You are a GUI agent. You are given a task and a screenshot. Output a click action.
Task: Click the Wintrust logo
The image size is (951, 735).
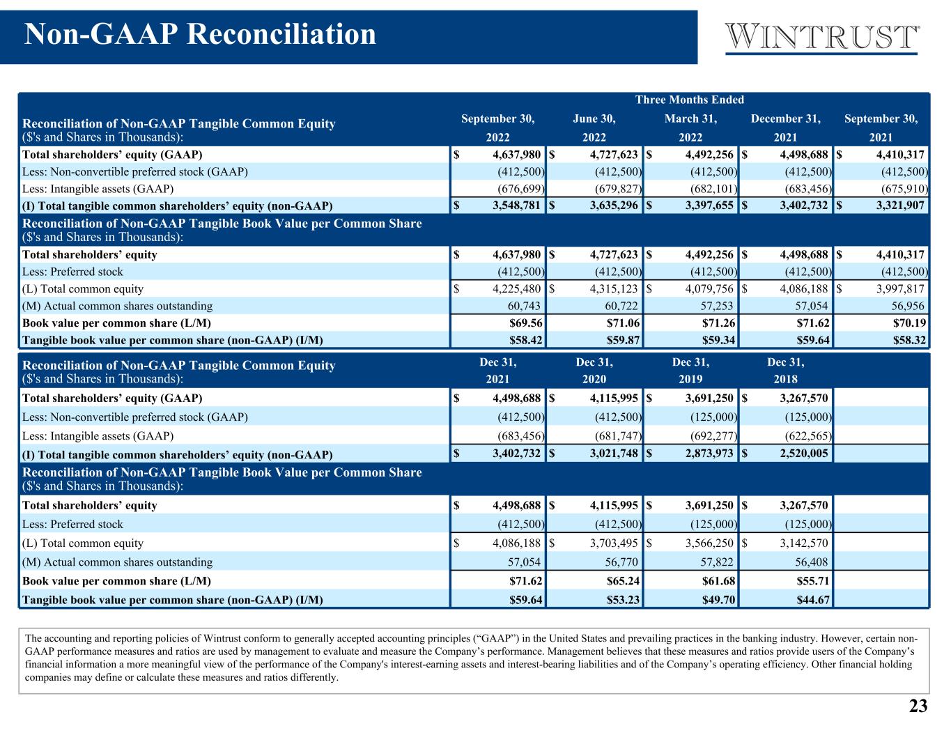[x=822, y=38]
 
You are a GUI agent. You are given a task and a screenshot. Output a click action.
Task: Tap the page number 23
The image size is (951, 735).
[x=918, y=706]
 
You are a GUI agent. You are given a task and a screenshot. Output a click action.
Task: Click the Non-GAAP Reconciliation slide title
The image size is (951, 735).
[x=200, y=34]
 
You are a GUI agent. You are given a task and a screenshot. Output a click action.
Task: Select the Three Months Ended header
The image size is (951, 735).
[x=690, y=100]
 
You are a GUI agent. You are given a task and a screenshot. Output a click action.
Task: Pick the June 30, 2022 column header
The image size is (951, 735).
[x=594, y=127]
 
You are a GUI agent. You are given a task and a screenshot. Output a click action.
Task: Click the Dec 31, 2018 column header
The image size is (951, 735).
[x=786, y=371]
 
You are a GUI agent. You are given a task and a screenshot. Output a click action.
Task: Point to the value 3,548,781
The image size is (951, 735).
[x=516, y=206]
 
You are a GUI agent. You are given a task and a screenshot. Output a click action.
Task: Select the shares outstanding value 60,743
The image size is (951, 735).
[x=524, y=306]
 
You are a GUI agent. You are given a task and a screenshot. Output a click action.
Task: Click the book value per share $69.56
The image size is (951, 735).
[x=525, y=323]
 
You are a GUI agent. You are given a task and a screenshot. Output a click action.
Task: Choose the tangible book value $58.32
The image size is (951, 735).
[x=909, y=340]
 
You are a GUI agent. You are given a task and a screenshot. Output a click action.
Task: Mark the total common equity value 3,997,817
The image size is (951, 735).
[x=900, y=288]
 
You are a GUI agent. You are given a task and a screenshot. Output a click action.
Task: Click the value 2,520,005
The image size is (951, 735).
[x=804, y=454]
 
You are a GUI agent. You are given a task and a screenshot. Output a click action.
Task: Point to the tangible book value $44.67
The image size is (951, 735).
[x=813, y=600]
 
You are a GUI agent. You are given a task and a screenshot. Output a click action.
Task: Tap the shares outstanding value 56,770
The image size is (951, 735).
[x=621, y=562]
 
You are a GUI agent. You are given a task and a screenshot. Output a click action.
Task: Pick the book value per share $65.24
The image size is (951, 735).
[x=624, y=581]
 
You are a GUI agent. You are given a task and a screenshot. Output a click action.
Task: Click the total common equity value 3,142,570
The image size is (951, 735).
[x=804, y=543]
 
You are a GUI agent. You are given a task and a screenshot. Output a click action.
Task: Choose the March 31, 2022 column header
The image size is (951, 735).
[x=690, y=127]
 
